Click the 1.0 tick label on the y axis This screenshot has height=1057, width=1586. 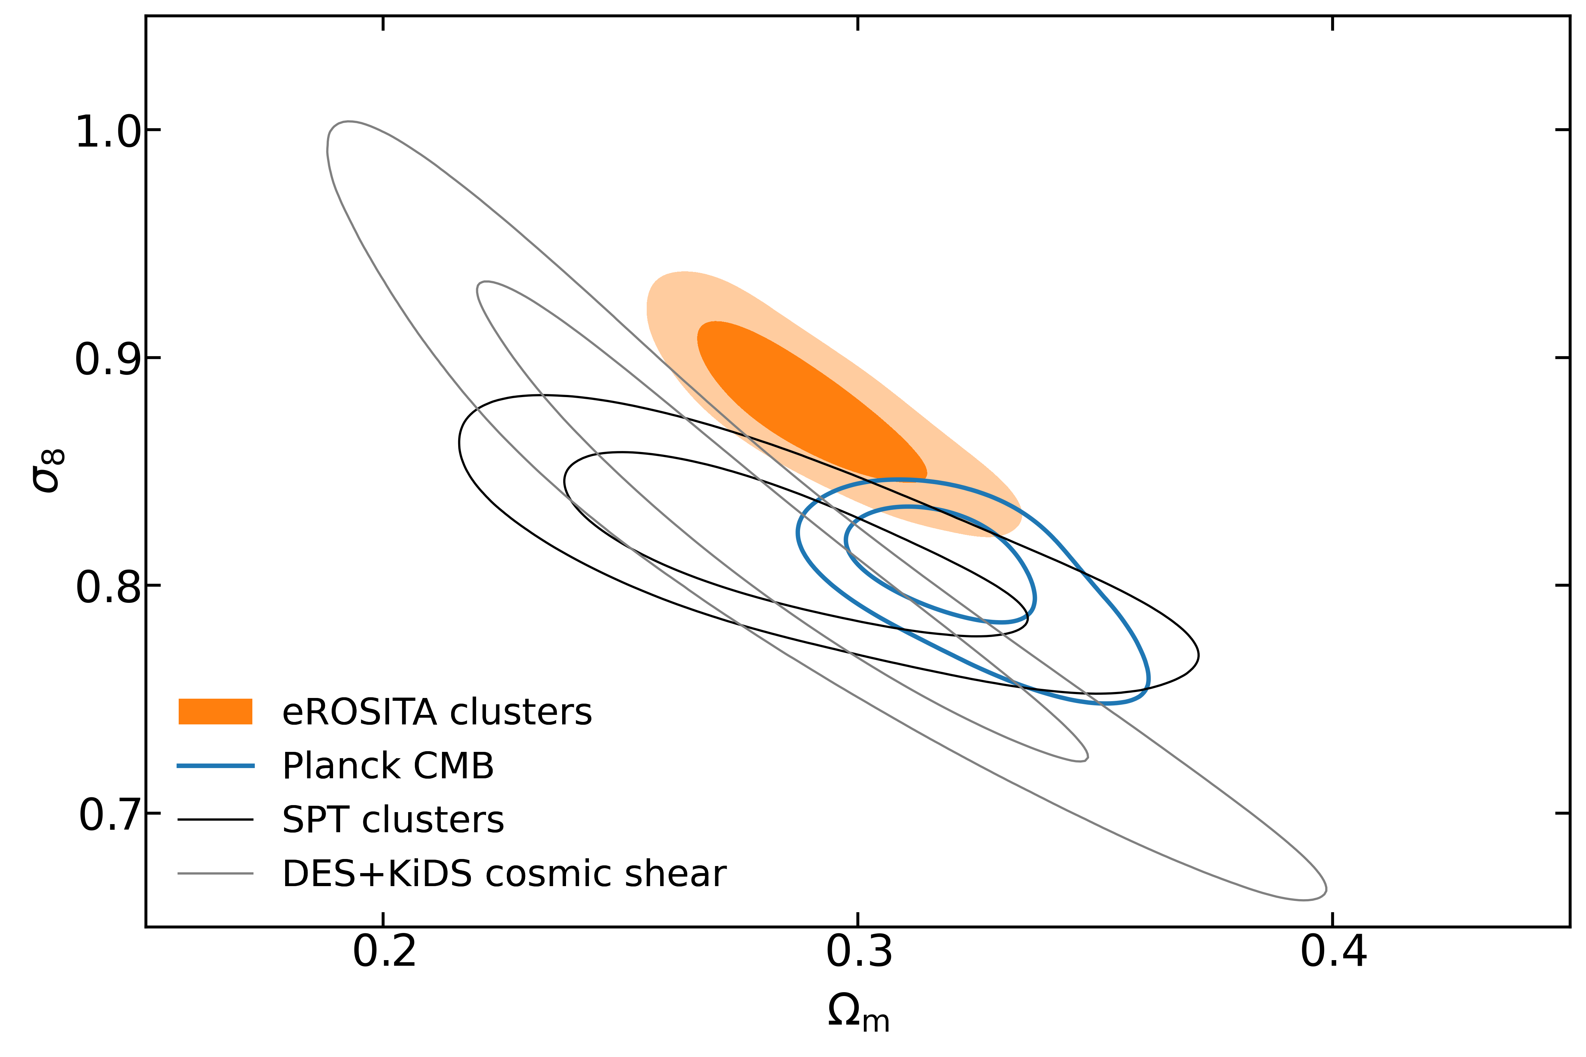coord(108,131)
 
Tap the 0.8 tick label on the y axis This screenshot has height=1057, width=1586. coord(108,587)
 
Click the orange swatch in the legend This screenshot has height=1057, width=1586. coord(215,712)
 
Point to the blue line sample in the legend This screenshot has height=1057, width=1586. coord(215,766)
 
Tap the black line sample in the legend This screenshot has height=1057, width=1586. coord(215,820)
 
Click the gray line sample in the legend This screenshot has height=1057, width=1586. coord(215,874)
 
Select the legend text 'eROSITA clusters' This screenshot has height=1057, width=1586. coord(437,712)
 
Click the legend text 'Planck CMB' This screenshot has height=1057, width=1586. coord(388,766)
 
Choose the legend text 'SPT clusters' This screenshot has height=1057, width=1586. coord(393,820)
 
